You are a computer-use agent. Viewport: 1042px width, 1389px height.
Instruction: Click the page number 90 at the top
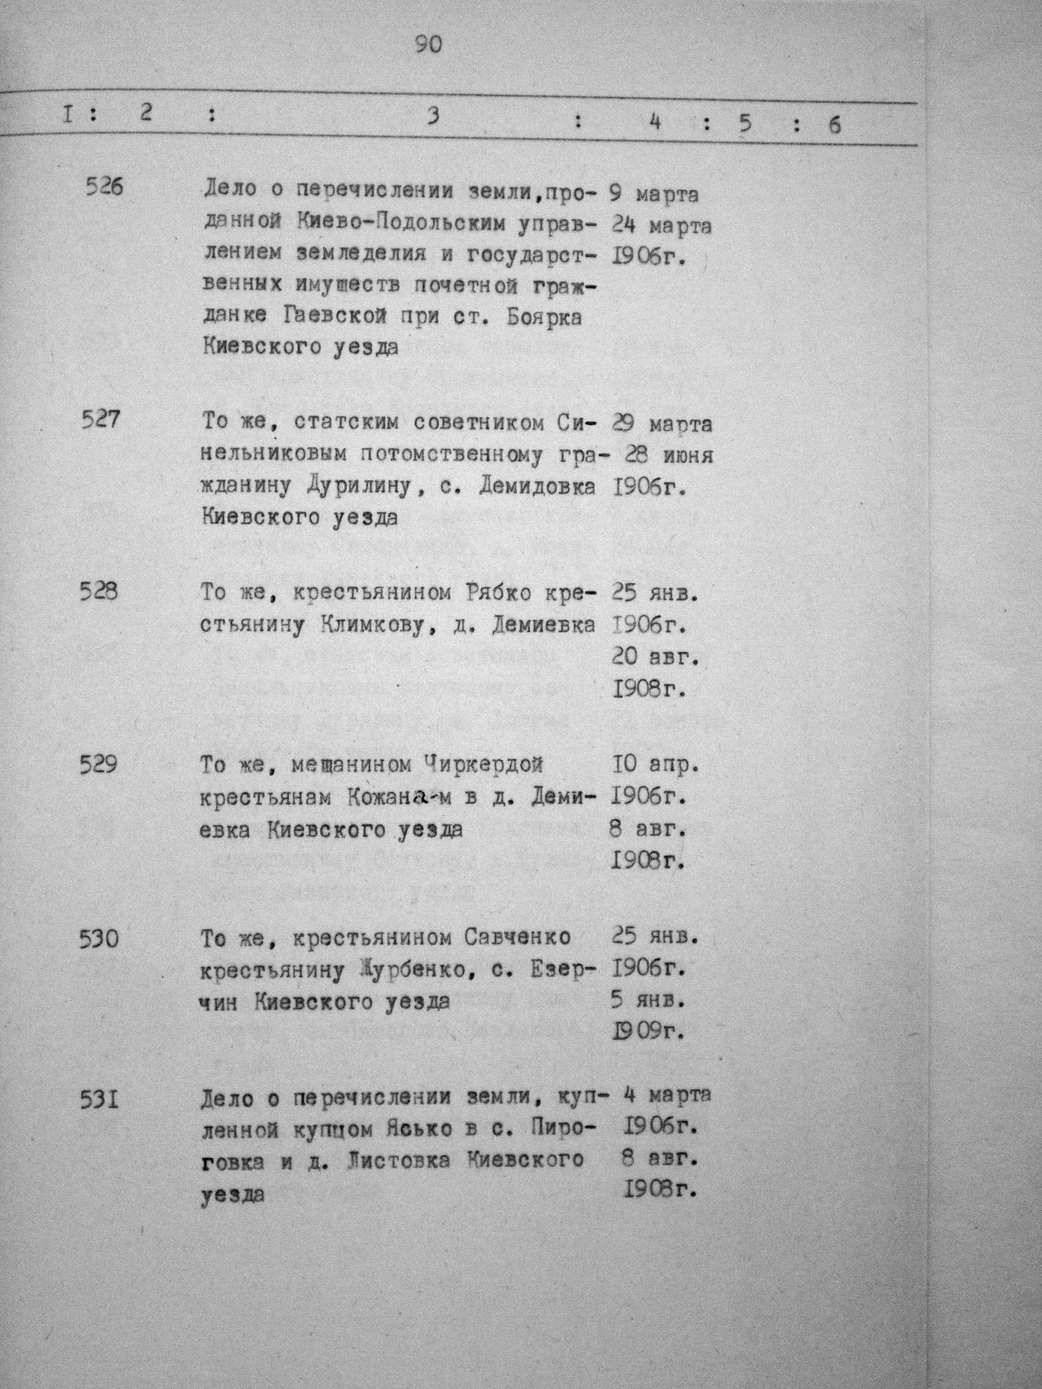pyautogui.click(x=429, y=44)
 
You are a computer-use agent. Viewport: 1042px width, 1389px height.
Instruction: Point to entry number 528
pyautogui.click(x=99, y=592)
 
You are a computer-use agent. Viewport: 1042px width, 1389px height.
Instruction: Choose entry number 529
pyautogui.click(x=99, y=765)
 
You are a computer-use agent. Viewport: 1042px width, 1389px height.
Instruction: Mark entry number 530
pyautogui.click(x=99, y=939)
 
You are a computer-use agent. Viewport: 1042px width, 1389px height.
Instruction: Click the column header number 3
pyautogui.click(x=431, y=117)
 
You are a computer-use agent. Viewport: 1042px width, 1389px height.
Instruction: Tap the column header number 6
pyautogui.click(x=834, y=125)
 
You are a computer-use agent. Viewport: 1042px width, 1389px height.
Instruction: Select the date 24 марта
pyautogui.click(x=661, y=226)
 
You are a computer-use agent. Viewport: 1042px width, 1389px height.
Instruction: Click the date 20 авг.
pyautogui.click(x=656, y=658)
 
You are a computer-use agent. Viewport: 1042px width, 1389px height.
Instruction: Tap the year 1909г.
pyautogui.click(x=647, y=1031)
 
